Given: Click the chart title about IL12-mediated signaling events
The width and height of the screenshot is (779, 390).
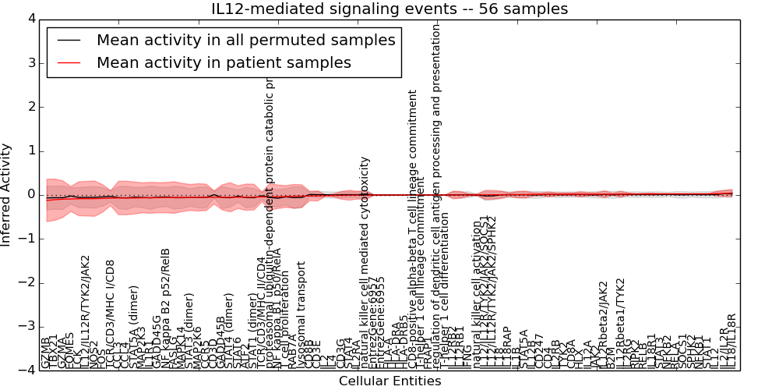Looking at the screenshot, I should point(389,9).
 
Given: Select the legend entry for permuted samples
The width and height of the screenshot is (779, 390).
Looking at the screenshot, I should point(245,40).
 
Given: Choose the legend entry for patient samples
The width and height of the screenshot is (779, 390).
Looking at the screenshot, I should point(224,62).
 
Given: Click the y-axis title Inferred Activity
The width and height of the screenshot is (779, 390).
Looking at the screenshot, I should point(7,194).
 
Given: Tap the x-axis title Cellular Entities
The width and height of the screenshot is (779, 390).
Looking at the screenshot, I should point(389,381).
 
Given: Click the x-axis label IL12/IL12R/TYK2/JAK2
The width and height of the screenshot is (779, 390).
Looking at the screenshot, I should point(86,311).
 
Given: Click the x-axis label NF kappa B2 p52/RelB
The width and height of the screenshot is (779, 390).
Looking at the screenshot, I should point(165,308).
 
